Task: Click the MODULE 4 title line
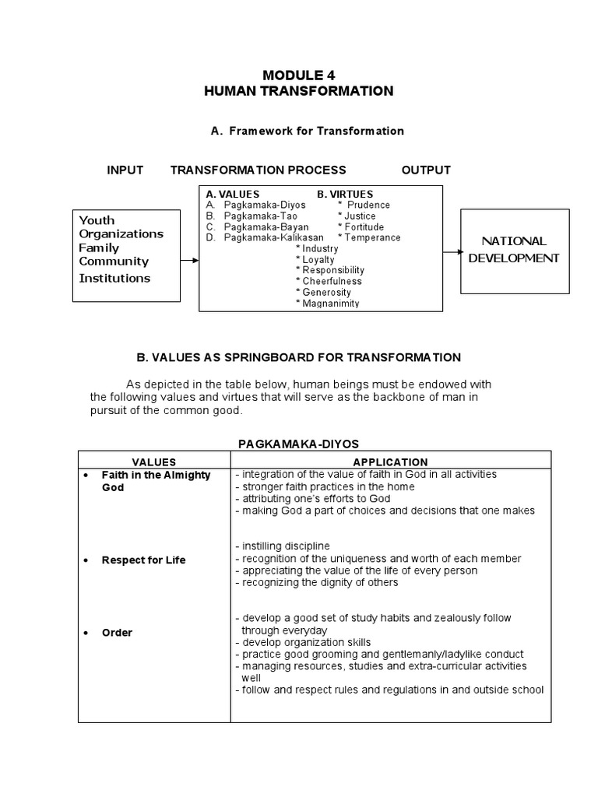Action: pyautogui.click(x=299, y=75)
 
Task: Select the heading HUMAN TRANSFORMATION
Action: pyautogui.click(x=299, y=91)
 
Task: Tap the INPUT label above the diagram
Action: pyautogui.click(x=125, y=170)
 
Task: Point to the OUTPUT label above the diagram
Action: pyautogui.click(x=426, y=170)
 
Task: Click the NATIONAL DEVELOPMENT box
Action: pyautogui.click(x=513, y=251)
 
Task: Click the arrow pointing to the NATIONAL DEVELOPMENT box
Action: pyautogui.click(x=452, y=251)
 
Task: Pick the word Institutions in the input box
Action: pyautogui.click(x=114, y=278)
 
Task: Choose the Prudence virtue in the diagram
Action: pyautogui.click(x=367, y=205)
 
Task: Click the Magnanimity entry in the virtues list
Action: pyautogui.click(x=327, y=303)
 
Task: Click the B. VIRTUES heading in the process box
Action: pyautogui.click(x=345, y=194)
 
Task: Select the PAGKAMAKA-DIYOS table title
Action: pyautogui.click(x=298, y=443)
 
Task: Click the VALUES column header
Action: pyautogui.click(x=153, y=462)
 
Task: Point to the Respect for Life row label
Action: pyautogui.click(x=143, y=560)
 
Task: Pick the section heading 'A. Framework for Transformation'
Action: pyautogui.click(x=308, y=131)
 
